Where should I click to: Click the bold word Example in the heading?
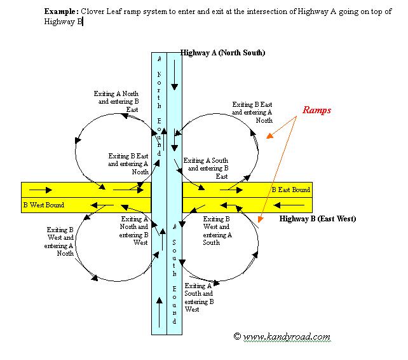pos(61,12)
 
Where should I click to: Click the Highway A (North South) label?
pos(222,52)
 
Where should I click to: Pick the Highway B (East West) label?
pos(317,219)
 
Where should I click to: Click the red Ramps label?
pos(316,110)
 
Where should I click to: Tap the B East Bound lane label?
pos(291,190)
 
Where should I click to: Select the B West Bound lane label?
pos(44,205)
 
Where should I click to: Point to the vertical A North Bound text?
pos(159,105)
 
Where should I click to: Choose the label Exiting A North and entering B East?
pos(116,102)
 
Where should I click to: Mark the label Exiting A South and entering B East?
pos(205,169)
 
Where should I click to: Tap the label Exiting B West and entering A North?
pos(60,241)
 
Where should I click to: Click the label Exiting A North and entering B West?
pos(135,230)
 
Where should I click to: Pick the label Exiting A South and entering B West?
pos(198,298)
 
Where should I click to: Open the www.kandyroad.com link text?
pos(286,336)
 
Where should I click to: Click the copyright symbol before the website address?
pos(237,336)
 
